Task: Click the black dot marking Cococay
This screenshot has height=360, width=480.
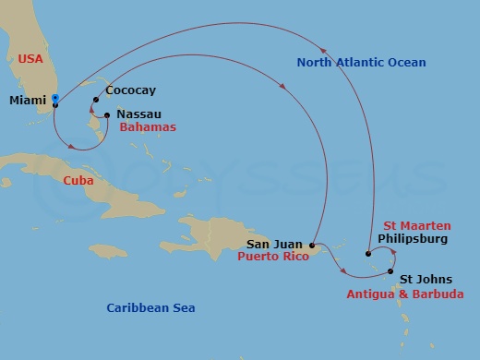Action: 95,100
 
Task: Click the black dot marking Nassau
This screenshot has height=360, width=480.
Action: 107,115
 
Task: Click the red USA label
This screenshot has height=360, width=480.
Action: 31,59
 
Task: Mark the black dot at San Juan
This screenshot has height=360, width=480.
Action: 313,246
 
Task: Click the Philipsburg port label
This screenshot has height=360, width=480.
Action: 414,238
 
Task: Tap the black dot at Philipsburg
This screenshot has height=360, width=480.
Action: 367,253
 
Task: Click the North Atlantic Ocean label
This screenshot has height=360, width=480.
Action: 361,63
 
